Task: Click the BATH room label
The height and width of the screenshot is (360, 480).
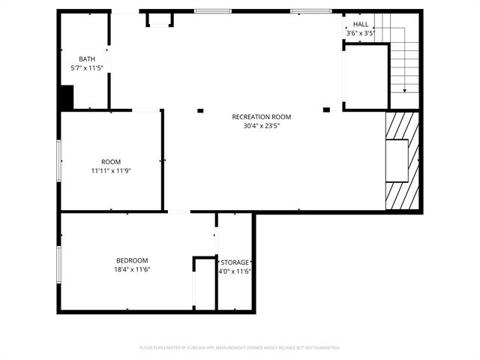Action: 87,59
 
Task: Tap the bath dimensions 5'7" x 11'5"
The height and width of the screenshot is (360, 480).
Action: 87,68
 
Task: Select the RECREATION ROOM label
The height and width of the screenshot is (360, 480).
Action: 261,117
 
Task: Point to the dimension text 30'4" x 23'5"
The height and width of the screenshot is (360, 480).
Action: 261,126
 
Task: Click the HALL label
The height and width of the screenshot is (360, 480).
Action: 361,25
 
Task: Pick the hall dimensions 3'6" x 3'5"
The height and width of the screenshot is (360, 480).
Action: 361,34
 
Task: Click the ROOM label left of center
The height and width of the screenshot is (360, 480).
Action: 111,162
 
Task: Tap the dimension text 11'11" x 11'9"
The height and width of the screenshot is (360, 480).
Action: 111,171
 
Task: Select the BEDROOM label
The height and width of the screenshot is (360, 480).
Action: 131,261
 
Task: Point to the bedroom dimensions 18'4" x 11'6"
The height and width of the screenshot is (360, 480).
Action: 132,270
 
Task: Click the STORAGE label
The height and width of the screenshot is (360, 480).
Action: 235,262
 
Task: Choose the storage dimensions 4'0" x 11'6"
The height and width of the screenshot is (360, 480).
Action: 235,271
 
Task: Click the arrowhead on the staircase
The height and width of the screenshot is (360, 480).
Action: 405,90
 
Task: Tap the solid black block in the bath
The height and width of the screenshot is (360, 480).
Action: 67,97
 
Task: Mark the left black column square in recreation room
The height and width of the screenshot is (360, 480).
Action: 200,111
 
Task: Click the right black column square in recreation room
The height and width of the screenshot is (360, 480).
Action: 326,109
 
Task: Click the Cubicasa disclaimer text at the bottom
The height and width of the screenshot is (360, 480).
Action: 240,348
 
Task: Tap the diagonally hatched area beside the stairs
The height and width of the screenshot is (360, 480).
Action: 402,161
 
